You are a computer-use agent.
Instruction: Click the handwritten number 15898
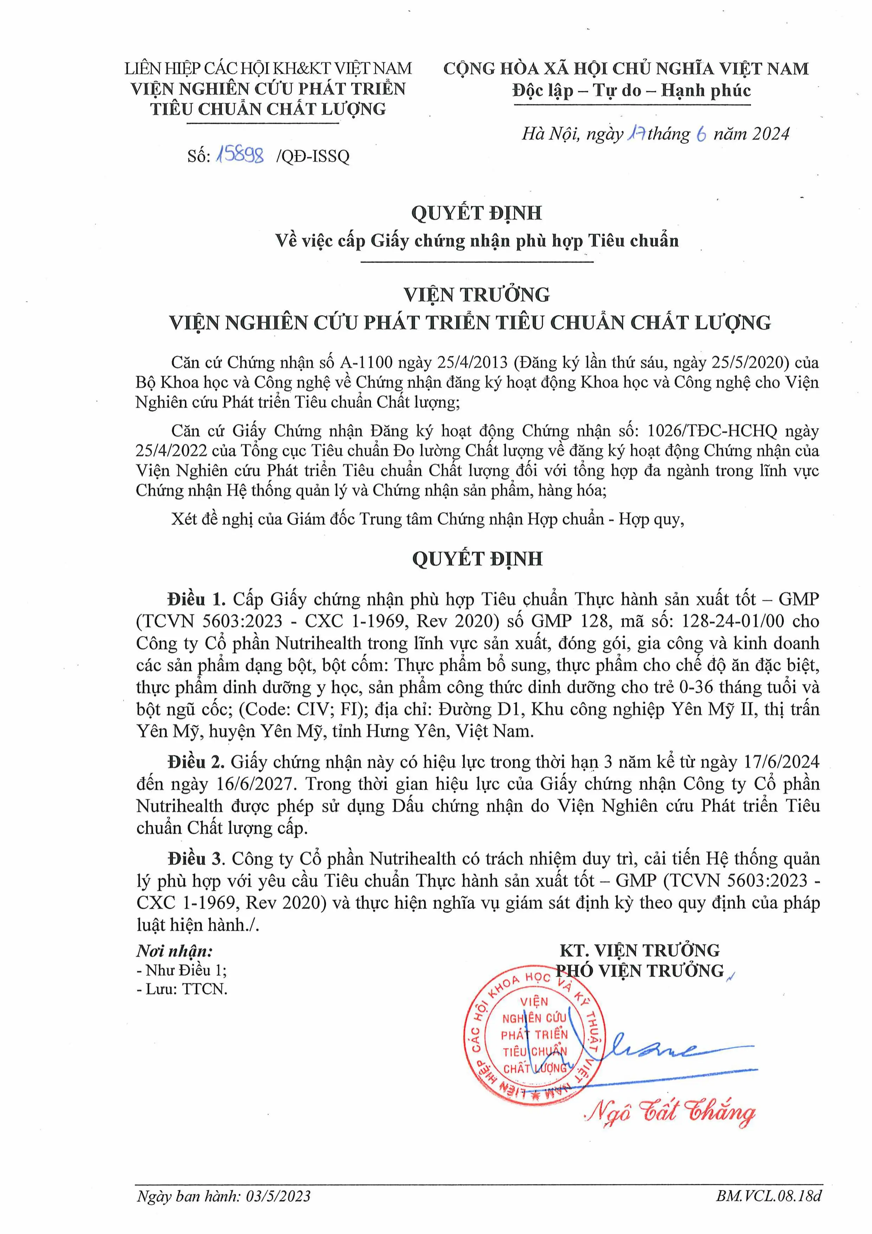pos(240,155)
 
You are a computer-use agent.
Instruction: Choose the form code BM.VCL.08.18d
pos(768,1211)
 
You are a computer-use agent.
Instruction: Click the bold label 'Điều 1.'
pos(196,599)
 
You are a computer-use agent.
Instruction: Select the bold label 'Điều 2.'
pos(196,762)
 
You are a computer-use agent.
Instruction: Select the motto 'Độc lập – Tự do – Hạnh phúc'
pos(631,90)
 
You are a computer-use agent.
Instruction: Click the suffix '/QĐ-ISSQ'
pos(312,156)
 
